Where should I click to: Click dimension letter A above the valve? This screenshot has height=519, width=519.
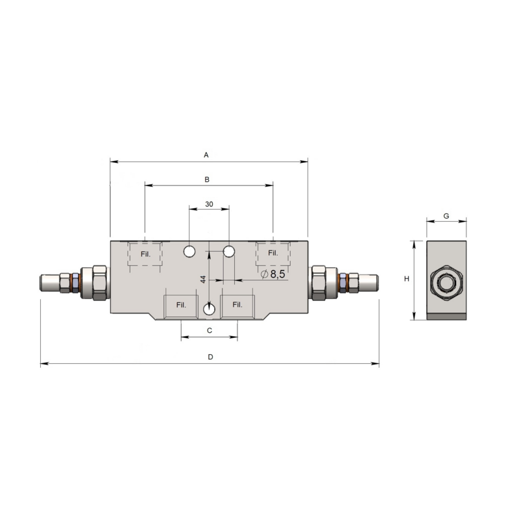pyautogui.click(x=206, y=155)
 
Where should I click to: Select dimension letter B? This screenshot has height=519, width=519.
pyautogui.click(x=207, y=180)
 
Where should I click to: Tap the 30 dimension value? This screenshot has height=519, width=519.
pyautogui.click(x=209, y=204)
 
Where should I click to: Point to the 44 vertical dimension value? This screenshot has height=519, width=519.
pyautogui.click(x=203, y=279)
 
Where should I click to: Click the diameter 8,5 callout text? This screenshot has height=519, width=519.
pyautogui.click(x=272, y=274)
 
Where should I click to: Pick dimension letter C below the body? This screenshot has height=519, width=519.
pyautogui.click(x=209, y=330)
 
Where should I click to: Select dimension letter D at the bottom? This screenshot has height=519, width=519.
pyautogui.click(x=210, y=357)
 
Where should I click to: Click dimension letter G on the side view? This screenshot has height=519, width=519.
pyautogui.click(x=446, y=216)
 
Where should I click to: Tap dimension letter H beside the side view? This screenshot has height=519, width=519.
pyautogui.click(x=407, y=279)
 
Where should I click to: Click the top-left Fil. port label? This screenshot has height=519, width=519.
pyautogui.click(x=145, y=254)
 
